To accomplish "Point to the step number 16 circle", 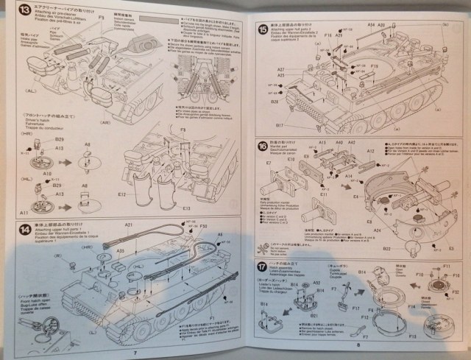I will pyautogui.click(x=263, y=147).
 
